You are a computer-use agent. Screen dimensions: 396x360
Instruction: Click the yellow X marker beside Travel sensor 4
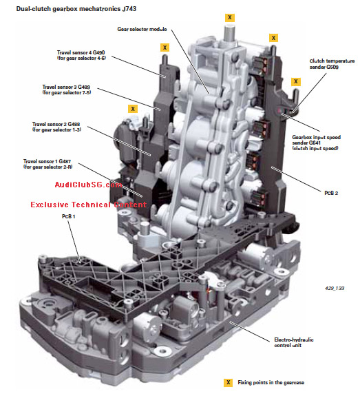pos(165,48)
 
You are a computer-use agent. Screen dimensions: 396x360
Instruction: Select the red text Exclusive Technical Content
pos(88,205)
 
